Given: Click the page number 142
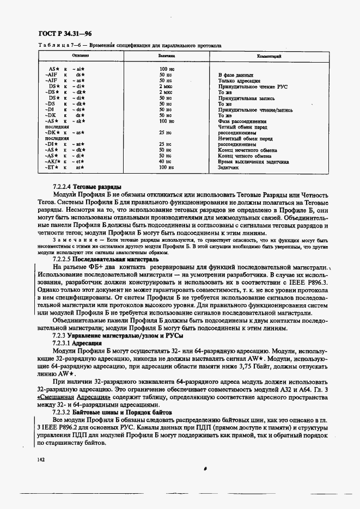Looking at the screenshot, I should (x=41, y=461).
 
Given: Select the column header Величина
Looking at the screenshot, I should (x=166, y=56).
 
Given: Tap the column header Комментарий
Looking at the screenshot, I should (x=269, y=56).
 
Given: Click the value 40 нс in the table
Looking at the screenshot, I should (x=165, y=162).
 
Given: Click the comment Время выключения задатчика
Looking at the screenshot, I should (x=253, y=162).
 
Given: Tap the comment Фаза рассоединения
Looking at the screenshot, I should (x=242, y=121).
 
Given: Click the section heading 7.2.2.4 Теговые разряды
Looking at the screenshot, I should (x=87, y=187).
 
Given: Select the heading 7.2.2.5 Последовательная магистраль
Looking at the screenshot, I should (x=102, y=259).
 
